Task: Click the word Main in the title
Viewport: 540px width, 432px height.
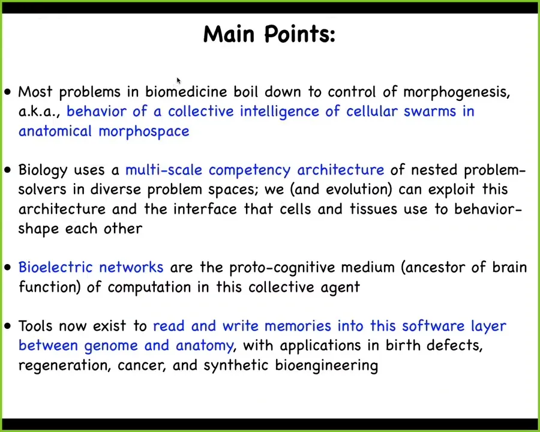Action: coord(229,34)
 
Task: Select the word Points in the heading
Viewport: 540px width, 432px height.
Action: coord(297,34)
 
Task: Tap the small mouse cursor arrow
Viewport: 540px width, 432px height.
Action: coord(179,80)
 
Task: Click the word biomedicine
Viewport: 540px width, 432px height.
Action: coord(186,92)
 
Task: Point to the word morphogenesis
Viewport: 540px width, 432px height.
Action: coord(456,92)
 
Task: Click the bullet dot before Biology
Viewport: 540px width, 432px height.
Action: coord(8,170)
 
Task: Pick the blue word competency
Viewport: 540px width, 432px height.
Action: coord(250,170)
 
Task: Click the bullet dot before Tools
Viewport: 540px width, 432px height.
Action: coord(8,326)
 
